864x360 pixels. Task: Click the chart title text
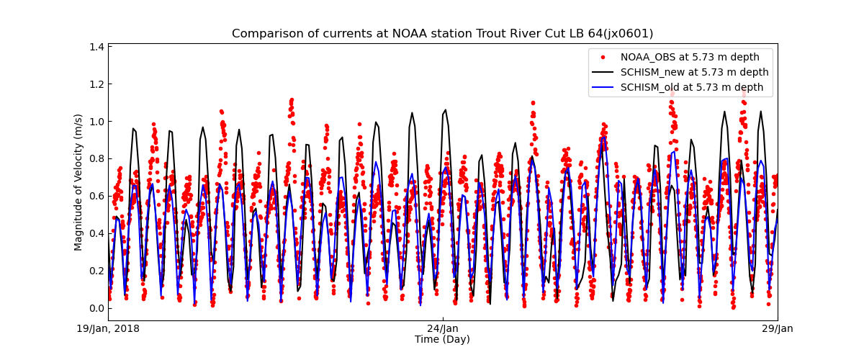(x=442, y=34)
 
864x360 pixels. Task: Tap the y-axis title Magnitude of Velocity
(x=78, y=182)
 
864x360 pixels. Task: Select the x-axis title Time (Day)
(x=442, y=339)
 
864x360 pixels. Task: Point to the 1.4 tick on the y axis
(x=96, y=47)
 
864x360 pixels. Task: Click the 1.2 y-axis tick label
(x=96, y=84)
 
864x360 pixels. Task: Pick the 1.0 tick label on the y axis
(x=96, y=121)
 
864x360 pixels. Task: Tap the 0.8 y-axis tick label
(x=96, y=158)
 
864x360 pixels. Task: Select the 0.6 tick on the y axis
(x=96, y=196)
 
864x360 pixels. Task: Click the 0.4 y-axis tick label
(x=96, y=233)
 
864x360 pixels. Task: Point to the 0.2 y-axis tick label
(x=96, y=271)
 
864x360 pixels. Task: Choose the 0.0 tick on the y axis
(x=96, y=308)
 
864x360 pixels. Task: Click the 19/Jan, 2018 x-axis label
(x=109, y=329)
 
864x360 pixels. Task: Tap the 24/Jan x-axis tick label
(x=443, y=329)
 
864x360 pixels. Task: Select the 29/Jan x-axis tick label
(x=777, y=329)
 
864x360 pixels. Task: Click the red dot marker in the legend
(x=603, y=57)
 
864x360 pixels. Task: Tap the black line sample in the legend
(x=603, y=72)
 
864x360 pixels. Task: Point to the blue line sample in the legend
(x=603, y=87)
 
